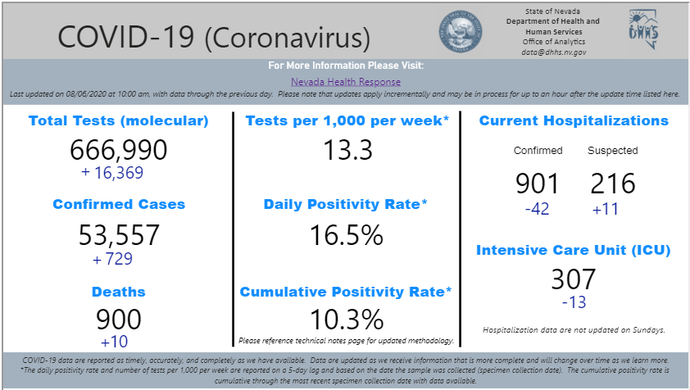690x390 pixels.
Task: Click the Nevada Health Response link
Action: (346, 82)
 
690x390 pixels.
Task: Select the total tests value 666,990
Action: (119, 150)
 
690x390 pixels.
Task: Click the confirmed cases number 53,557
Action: (119, 235)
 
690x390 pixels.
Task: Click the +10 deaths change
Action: (114, 342)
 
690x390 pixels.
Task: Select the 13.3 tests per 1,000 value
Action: (347, 150)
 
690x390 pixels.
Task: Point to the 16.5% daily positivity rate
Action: (346, 235)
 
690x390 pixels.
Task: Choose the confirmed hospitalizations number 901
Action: (538, 184)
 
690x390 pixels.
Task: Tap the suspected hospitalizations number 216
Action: (612, 184)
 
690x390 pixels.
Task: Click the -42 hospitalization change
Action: (537, 209)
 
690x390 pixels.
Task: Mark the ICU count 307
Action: (574, 279)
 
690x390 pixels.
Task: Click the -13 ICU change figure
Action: (574, 302)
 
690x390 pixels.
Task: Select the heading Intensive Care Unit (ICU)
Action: (574, 250)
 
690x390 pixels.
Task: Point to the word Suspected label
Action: (612, 151)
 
